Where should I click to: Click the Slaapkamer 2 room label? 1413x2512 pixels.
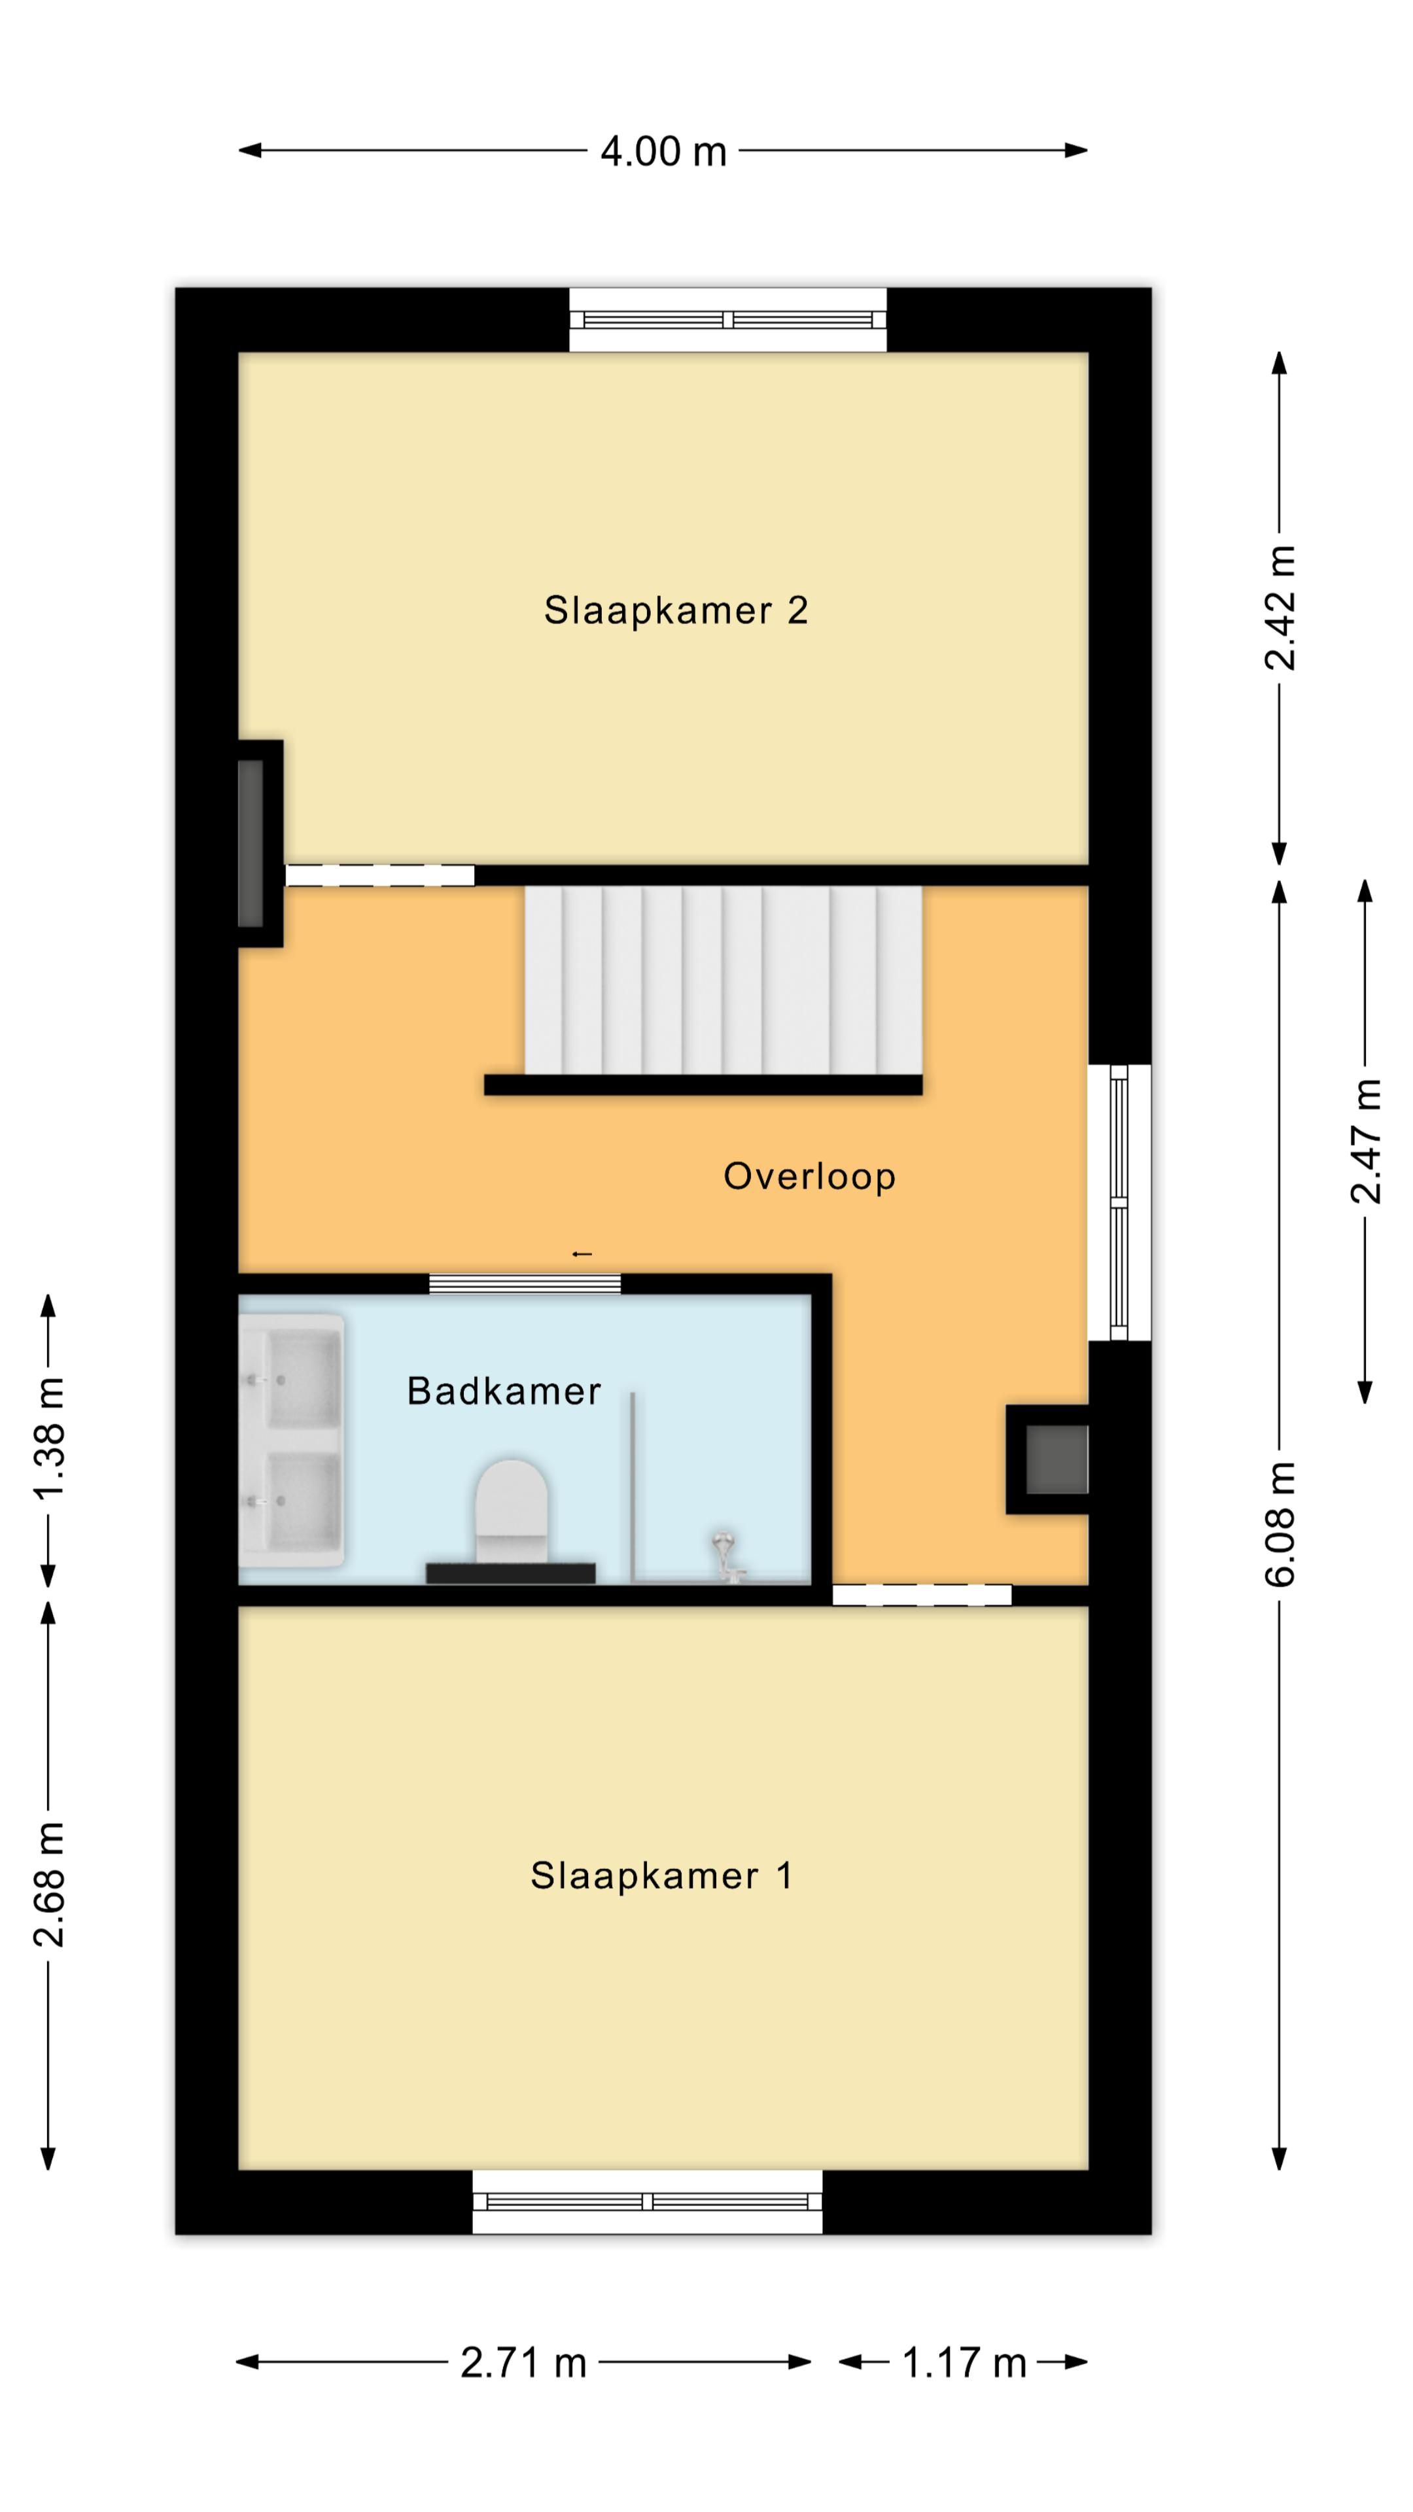[x=676, y=610]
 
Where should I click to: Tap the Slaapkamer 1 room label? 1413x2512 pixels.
[x=661, y=1875]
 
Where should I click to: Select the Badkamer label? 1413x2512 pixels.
[x=503, y=1391]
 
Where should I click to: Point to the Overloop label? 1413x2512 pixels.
[x=809, y=1177]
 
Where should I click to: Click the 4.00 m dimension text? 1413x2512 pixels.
[x=663, y=151]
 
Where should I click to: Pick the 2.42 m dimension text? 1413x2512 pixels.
[x=1280, y=608]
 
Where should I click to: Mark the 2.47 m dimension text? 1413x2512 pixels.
[x=1365, y=1141]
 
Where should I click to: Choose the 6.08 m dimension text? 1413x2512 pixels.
[x=1280, y=1524]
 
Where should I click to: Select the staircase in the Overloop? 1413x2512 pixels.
[x=723, y=979]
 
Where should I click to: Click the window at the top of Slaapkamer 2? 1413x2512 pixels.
[x=727, y=320]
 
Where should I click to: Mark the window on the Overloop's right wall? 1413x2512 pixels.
[x=1119, y=1202]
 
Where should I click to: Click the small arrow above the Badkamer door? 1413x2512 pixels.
[x=582, y=1254]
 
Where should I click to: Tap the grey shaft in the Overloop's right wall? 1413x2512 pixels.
[x=1055, y=1460]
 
